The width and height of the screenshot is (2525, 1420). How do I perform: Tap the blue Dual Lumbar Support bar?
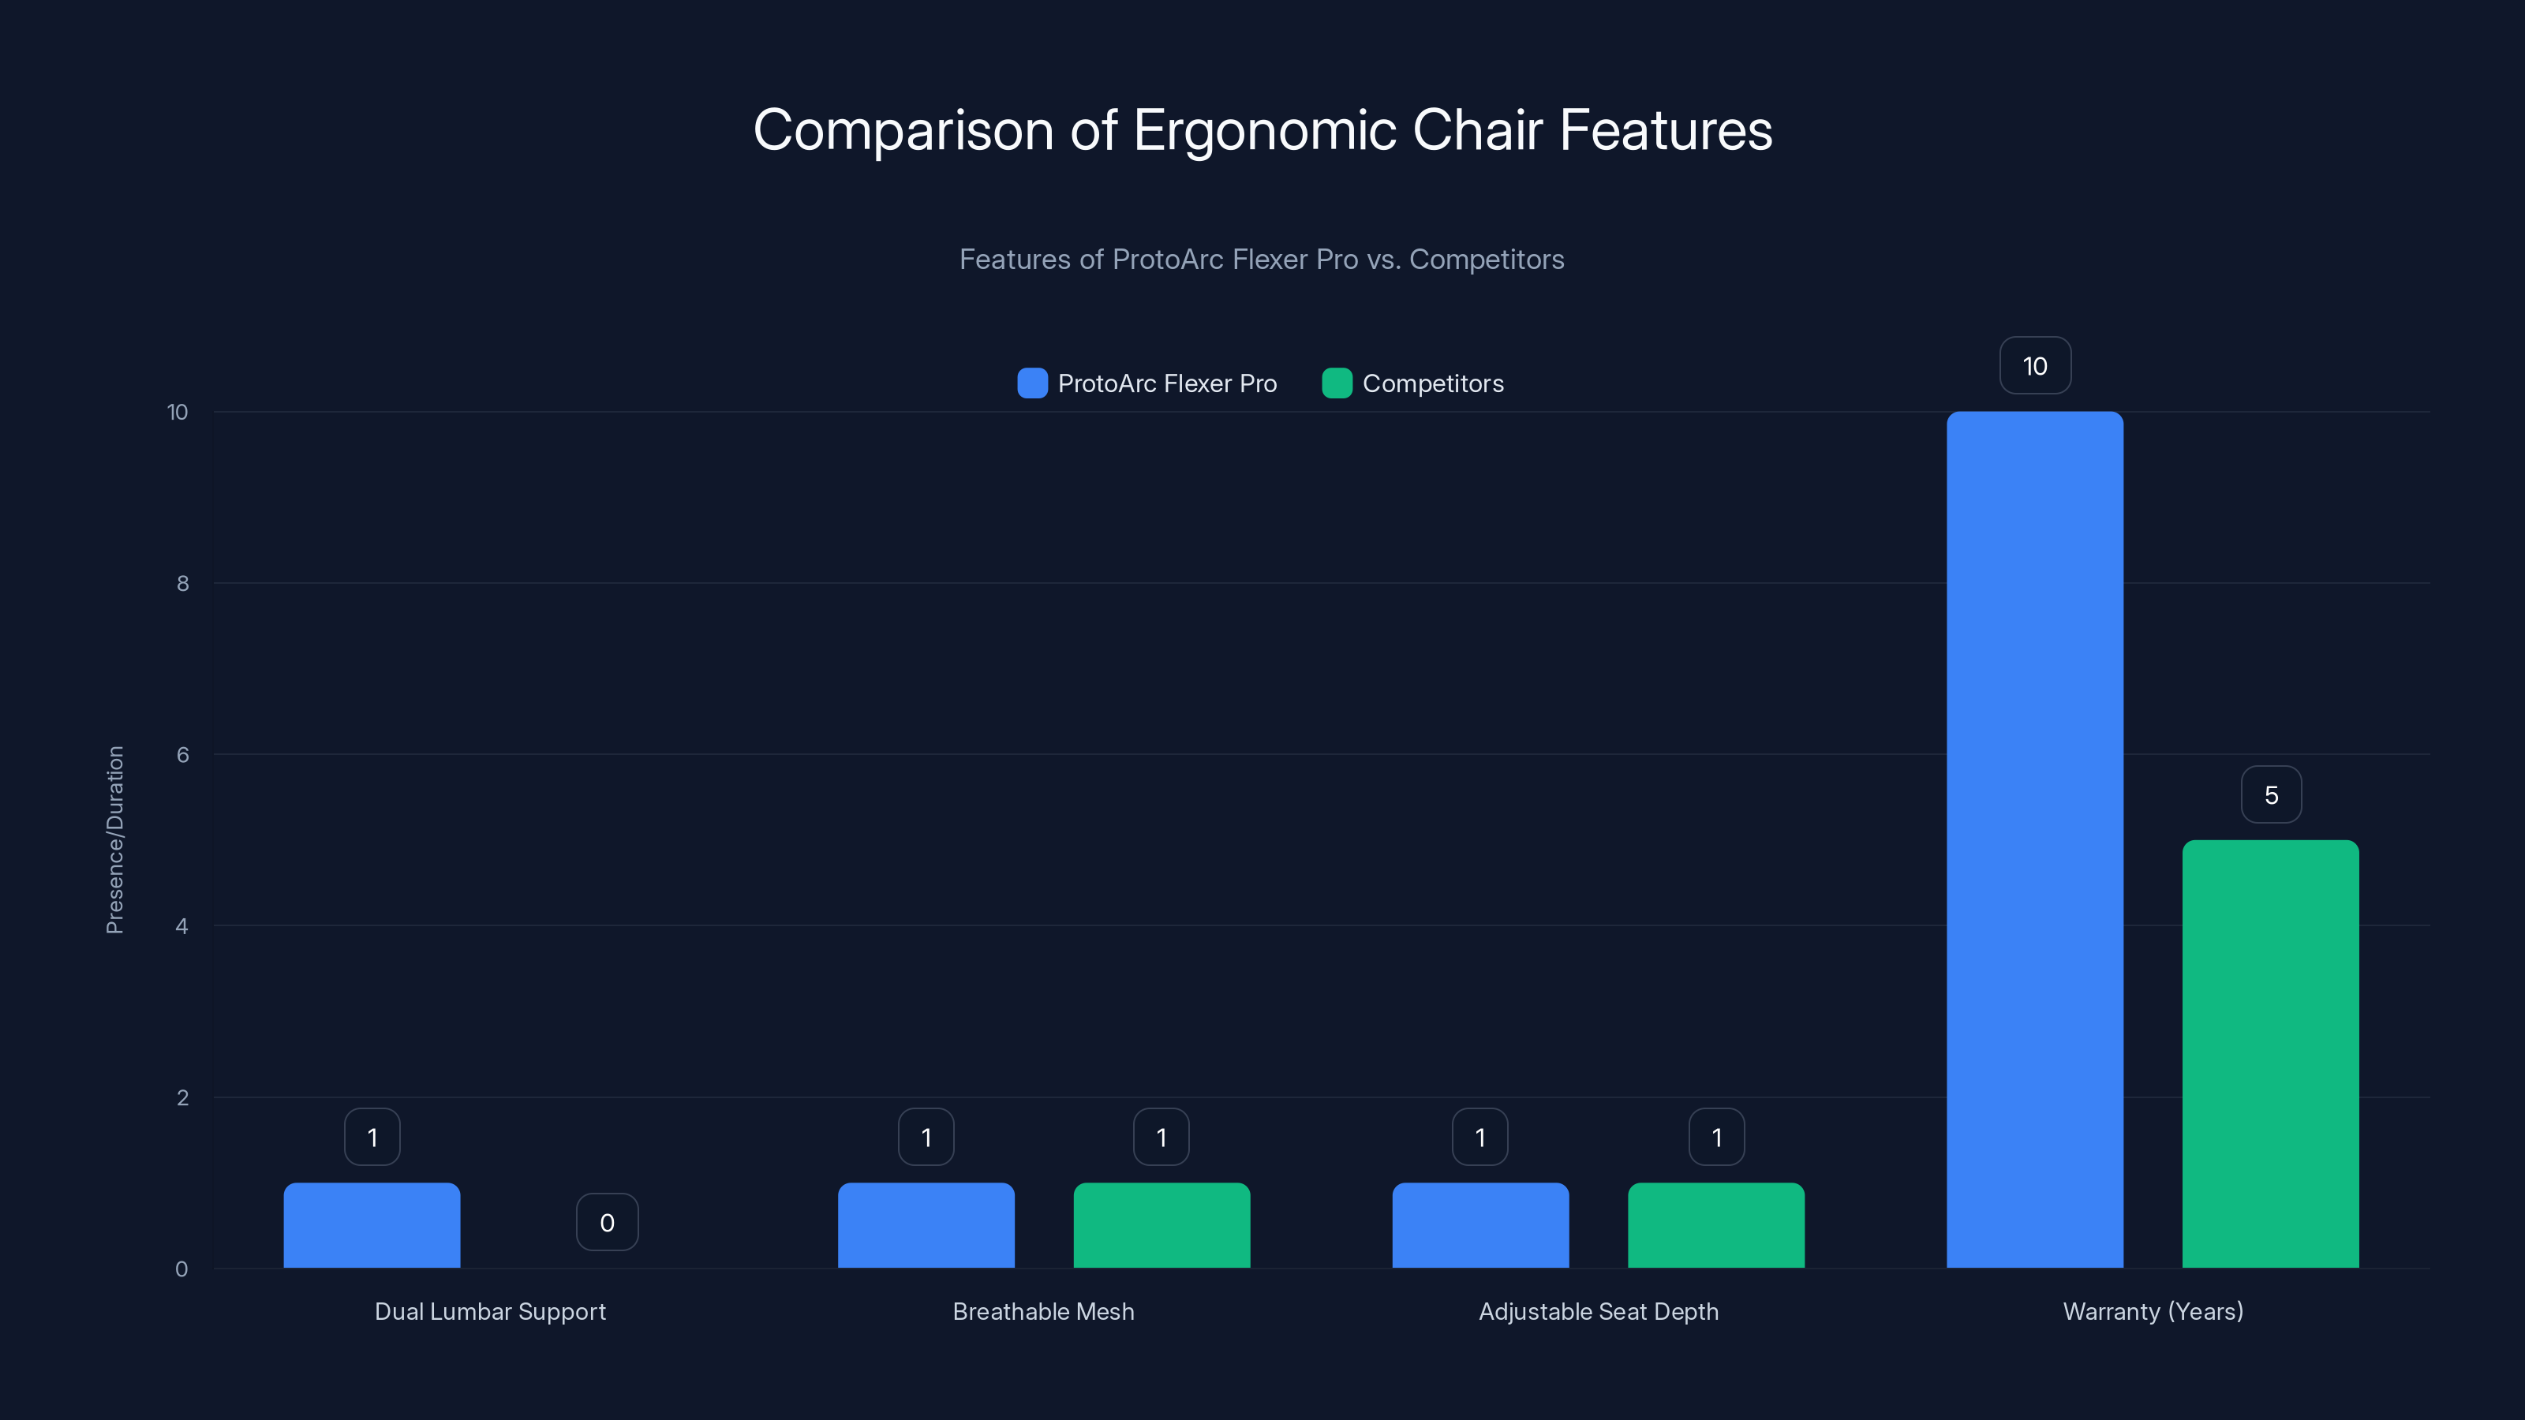tap(372, 1225)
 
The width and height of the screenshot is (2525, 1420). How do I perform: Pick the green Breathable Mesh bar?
tap(1161, 1225)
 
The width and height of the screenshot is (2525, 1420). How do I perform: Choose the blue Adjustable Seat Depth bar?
tap(1480, 1225)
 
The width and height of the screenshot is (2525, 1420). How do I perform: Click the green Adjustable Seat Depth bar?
tap(1715, 1225)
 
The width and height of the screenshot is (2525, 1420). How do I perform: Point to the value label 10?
tap(2035, 365)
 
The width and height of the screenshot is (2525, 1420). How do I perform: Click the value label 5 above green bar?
tap(2271, 794)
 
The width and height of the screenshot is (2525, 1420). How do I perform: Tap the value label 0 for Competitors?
tap(607, 1222)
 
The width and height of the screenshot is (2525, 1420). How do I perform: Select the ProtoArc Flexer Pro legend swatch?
tap(1032, 383)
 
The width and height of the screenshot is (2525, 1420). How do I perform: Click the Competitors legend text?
tap(1432, 383)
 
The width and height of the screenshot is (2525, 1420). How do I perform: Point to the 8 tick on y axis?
tap(182, 583)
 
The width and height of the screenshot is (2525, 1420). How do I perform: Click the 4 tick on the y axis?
tap(181, 926)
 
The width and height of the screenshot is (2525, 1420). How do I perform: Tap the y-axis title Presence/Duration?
tap(114, 840)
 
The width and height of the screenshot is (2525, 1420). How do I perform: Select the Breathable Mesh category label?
tap(1043, 1311)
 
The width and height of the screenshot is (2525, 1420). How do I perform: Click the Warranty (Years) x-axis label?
tap(2153, 1311)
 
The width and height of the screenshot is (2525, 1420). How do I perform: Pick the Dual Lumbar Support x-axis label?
tap(490, 1311)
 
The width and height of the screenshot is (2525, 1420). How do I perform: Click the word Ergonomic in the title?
tap(1264, 130)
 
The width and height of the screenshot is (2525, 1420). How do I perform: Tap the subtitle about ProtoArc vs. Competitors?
tap(1262, 259)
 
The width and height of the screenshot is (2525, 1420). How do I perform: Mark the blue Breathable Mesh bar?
tap(926, 1225)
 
